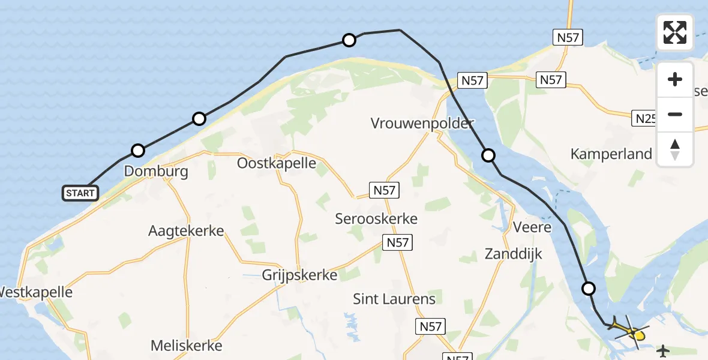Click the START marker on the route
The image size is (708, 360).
click(80, 193)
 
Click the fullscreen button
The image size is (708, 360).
click(675, 32)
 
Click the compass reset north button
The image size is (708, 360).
click(675, 149)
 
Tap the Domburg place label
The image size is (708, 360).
click(156, 172)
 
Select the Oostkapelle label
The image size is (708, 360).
click(277, 163)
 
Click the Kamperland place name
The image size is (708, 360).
click(611, 154)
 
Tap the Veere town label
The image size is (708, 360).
click(532, 227)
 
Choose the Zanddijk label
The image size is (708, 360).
click(513, 254)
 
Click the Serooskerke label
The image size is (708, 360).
click(376, 219)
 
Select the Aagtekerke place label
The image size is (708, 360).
click(186, 231)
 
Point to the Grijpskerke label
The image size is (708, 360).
click(299, 275)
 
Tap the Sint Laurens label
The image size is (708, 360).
click(394, 298)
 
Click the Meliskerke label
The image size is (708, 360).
click(187, 346)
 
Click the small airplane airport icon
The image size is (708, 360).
click(663, 350)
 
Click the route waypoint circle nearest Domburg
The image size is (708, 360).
click(138, 150)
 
